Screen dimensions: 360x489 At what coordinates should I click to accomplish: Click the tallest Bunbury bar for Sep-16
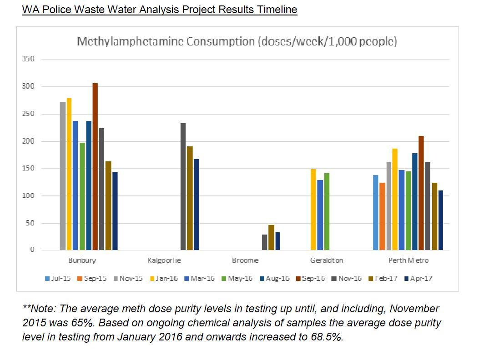(x=95, y=167)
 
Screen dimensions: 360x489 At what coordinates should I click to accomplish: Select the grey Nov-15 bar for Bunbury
(x=63, y=176)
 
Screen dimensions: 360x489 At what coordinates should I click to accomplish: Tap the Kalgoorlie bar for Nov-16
(x=183, y=187)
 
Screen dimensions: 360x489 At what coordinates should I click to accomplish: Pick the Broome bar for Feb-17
(x=271, y=238)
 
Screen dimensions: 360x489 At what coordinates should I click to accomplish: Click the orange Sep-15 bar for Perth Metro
(x=382, y=216)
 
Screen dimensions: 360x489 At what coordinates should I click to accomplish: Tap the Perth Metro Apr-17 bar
(x=441, y=220)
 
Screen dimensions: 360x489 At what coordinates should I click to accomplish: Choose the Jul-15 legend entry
(x=58, y=278)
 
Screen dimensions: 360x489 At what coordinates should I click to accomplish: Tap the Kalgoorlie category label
(x=164, y=260)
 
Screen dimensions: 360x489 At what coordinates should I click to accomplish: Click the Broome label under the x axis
(x=245, y=260)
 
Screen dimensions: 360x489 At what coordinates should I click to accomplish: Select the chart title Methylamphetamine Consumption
(x=237, y=42)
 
